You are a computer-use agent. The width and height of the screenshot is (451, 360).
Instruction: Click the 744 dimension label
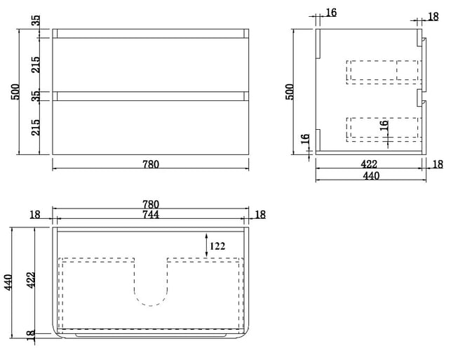click(x=151, y=215)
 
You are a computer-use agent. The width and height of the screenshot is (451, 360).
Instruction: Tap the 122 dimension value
click(x=217, y=246)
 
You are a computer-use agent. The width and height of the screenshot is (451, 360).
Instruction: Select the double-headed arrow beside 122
click(x=206, y=245)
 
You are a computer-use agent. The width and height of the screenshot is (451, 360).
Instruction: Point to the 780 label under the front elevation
click(x=151, y=164)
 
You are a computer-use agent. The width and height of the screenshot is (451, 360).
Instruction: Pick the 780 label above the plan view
click(x=151, y=205)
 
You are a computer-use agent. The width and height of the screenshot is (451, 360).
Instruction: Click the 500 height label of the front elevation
click(x=15, y=92)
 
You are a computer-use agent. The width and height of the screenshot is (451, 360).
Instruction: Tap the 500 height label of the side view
click(x=290, y=92)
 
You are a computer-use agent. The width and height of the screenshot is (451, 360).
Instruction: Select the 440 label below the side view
click(x=371, y=175)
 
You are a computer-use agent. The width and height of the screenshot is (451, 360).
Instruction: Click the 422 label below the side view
click(x=369, y=164)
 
